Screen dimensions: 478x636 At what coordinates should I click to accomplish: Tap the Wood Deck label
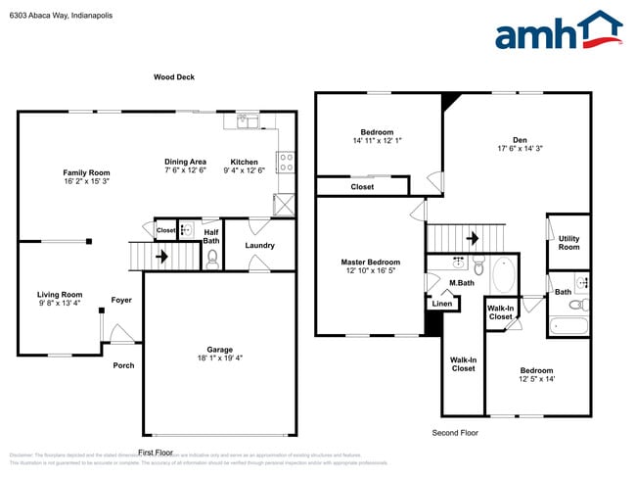click(174, 76)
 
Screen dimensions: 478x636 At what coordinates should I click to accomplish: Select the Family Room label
click(85, 172)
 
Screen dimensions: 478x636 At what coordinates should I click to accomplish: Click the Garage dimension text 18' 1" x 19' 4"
click(218, 358)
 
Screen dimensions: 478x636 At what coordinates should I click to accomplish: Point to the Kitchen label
click(244, 162)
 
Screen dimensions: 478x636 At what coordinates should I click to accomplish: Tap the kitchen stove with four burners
click(287, 161)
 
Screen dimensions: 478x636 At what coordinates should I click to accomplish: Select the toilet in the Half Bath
click(212, 259)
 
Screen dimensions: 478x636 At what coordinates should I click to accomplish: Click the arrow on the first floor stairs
click(160, 257)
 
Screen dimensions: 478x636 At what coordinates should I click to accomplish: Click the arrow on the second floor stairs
click(471, 238)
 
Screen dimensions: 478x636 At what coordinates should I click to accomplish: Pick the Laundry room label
click(259, 245)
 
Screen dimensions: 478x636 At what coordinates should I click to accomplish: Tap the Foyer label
click(121, 300)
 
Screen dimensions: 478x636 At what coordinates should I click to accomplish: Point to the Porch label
click(123, 365)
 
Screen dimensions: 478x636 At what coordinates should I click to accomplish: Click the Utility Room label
click(568, 242)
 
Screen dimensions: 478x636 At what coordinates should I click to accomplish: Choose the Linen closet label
click(441, 304)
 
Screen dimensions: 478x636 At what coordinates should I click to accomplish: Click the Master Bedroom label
click(370, 262)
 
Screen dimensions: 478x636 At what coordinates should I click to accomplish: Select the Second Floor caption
click(456, 432)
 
